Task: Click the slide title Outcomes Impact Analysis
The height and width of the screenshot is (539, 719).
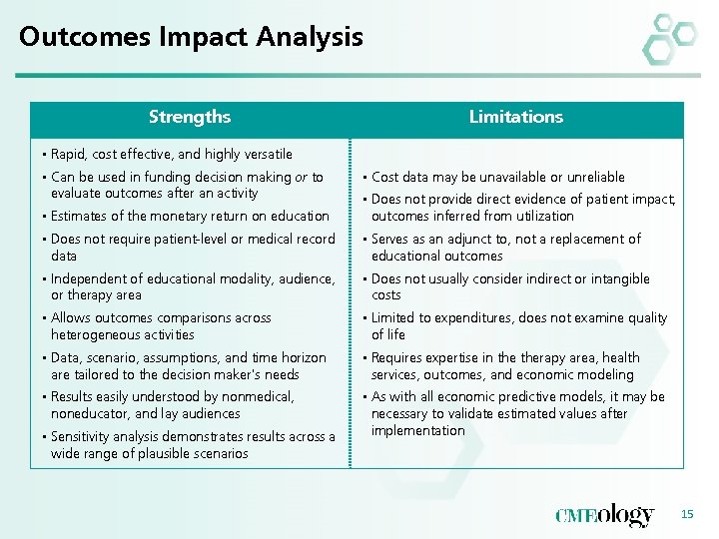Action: pos(191,38)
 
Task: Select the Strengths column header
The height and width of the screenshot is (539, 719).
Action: pos(189,117)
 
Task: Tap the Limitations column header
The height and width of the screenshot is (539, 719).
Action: pos(515,117)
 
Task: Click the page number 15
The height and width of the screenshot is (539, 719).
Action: pos(685,514)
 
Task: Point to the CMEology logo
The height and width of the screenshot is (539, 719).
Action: pos(604,515)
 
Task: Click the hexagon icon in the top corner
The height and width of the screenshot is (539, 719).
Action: pos(667,39)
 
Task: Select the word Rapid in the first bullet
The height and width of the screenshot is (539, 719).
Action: pos(68,155)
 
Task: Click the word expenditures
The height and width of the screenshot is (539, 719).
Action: pos(466,318)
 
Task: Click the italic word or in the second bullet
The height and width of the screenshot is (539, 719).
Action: pos(301,178)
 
